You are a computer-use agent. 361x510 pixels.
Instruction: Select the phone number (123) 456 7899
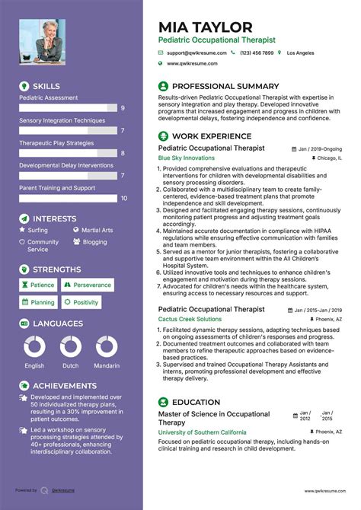click(256, 53)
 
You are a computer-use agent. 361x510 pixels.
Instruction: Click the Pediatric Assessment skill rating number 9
click(123, 109)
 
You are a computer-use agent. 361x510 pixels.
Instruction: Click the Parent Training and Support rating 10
click(123, 198)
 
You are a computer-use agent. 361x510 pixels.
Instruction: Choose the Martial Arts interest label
click(97, 230)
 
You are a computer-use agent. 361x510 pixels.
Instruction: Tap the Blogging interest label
click(95, 242)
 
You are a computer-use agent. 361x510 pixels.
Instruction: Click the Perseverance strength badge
click(87, 285)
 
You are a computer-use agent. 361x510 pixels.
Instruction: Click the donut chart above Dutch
click(70, 346)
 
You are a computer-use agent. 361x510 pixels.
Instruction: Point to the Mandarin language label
click(107, 365)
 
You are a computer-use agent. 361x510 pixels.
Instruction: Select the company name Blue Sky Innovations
click(187, 158)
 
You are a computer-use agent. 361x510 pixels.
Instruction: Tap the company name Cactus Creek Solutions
click(190, 319)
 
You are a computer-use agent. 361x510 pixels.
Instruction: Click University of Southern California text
click(202, 432)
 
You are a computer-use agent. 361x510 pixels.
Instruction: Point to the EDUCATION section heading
click(196, 401)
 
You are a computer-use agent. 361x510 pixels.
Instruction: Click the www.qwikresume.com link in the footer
click(325, 491)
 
